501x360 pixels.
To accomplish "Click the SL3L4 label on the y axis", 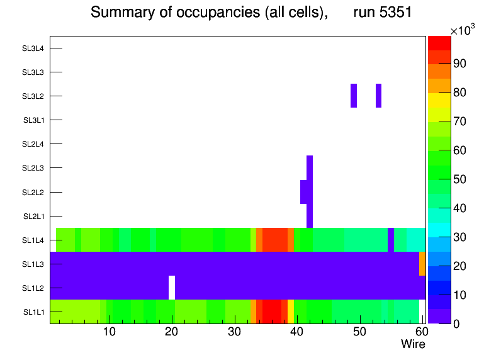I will pos(33,48).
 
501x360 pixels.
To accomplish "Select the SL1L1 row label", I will pos(34,312).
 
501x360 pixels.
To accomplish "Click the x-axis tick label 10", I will pos(109,332).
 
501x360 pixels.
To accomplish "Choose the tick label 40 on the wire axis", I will pos(296,332).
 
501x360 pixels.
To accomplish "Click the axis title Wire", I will pos(413,344).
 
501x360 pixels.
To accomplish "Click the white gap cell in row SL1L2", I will pos(172,288).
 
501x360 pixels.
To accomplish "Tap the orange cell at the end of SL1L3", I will pos(422,264).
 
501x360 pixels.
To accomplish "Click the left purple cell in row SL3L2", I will pos(354,96).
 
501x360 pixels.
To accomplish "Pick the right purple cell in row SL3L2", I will pos(378,96).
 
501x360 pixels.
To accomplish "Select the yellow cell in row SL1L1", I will pos(291,312).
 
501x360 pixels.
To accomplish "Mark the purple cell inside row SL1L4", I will pos(391,240).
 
